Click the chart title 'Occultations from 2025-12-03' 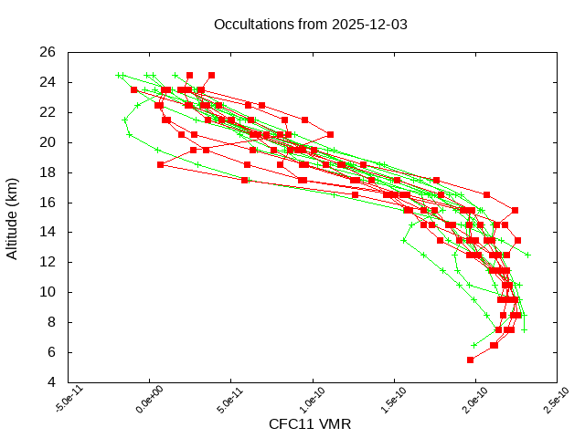tap(310, 24)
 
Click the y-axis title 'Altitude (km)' tap(13, 217)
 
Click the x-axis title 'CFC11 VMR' tap(310, 424)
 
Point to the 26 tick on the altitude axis tap(48, 53)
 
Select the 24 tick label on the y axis tap(48, 83)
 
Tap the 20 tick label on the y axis tap(48, 142)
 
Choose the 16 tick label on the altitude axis tap(48, 203)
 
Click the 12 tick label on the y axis tap(48, 263)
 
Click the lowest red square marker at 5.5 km tap(471, 360)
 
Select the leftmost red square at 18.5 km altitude tap(161, 164)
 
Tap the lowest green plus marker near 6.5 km tap(474, 345)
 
